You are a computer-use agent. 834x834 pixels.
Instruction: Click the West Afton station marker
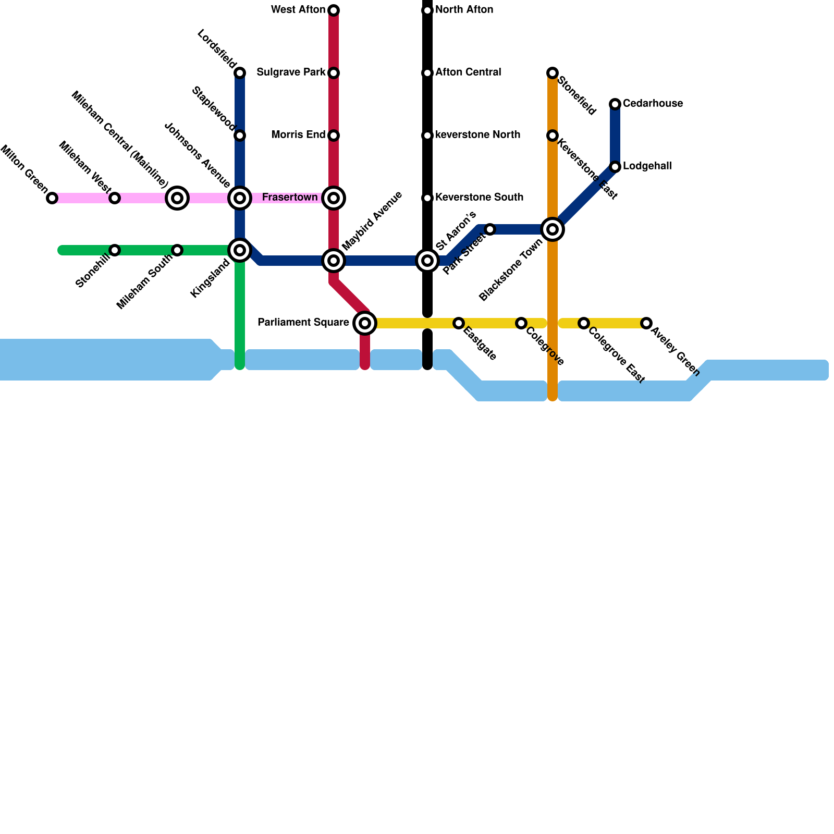point(334,10)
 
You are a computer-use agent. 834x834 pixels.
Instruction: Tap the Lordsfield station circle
point(240,73)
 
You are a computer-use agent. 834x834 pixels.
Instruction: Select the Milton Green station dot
point(52,198)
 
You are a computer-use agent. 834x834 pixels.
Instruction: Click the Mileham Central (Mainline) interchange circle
point(177,198)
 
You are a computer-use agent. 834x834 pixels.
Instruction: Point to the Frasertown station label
point(290,198)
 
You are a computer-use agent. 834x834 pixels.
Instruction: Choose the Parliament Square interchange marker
point(365,323)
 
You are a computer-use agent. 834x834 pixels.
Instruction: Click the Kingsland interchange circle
point(240,250)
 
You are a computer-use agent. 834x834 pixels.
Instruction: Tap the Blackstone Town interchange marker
point(553,229)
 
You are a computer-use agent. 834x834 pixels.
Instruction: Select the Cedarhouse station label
point(653,104)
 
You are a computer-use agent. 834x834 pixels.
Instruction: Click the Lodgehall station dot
point(615,167)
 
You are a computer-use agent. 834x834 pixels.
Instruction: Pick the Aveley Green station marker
point(646,323)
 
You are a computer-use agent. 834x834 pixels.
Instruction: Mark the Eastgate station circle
point(459,323)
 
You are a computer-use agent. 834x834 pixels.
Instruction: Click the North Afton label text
point(464,10)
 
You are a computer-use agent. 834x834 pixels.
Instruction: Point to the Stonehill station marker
point(115,250)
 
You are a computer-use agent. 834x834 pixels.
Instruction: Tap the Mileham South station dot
point(177,250)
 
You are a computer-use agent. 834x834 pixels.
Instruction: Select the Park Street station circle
point(490,229)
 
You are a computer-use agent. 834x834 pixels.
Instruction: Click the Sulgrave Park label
point(291,72)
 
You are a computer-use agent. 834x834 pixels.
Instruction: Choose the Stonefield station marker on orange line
point(553,73)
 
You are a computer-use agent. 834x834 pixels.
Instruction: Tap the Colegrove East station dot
point(584,323)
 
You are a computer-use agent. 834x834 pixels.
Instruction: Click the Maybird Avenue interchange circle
point(334,261)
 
